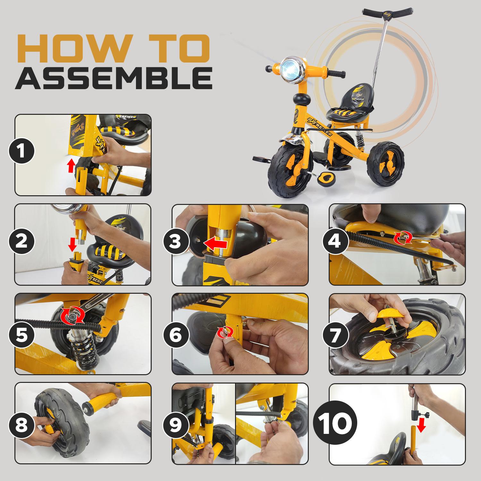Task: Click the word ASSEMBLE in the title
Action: (x=114, y=78)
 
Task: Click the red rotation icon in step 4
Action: (x=399, y=237)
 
